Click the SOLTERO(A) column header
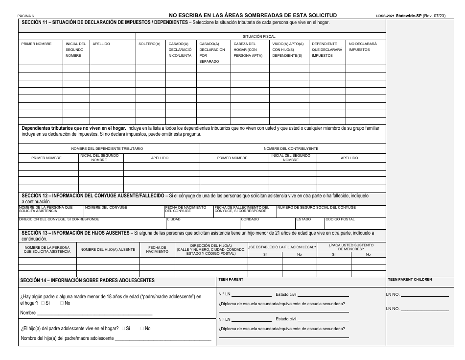point(150,44)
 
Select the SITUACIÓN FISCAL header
point(259,37)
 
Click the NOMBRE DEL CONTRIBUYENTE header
point(291,148)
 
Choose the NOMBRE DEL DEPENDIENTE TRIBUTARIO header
point(107,148)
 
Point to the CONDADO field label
point(250,219)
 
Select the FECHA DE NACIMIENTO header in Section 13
point(157,249)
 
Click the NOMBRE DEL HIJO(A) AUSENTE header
point(108,249)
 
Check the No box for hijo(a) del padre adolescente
point(142,329)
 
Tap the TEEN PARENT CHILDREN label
point(410,279)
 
